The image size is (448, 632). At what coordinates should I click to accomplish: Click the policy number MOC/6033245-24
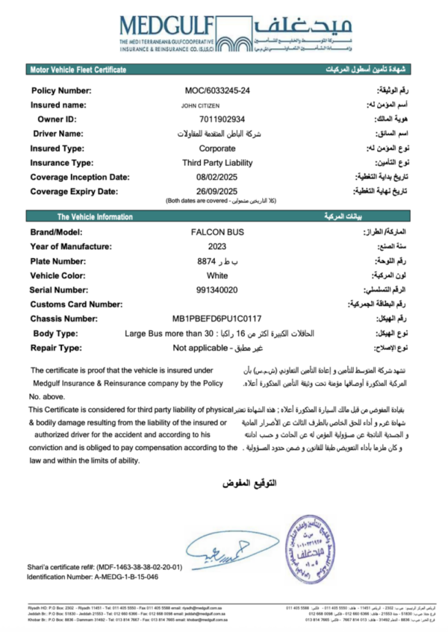[218, 90]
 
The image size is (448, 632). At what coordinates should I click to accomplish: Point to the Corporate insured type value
[217, 148]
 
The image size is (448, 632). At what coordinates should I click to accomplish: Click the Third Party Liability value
[217, 163]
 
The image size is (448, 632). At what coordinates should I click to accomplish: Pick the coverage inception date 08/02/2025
[217, 177]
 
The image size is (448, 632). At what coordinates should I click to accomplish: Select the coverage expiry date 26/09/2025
[217, 191]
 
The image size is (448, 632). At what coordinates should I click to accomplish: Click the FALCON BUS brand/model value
[217, 233]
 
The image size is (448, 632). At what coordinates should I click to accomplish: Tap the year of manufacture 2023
[217, 247]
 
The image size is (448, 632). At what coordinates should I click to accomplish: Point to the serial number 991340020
[217, 290]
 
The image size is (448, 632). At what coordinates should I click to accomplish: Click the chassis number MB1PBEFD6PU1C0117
[217, 319]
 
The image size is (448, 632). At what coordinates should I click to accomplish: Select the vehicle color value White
[217, 275]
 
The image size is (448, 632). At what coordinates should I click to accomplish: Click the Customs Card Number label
[76, 304]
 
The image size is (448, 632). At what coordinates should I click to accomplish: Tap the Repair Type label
[57, 348]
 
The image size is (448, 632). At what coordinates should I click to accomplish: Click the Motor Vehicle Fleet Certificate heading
[78, 69]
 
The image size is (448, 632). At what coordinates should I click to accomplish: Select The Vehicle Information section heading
[93, 217]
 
